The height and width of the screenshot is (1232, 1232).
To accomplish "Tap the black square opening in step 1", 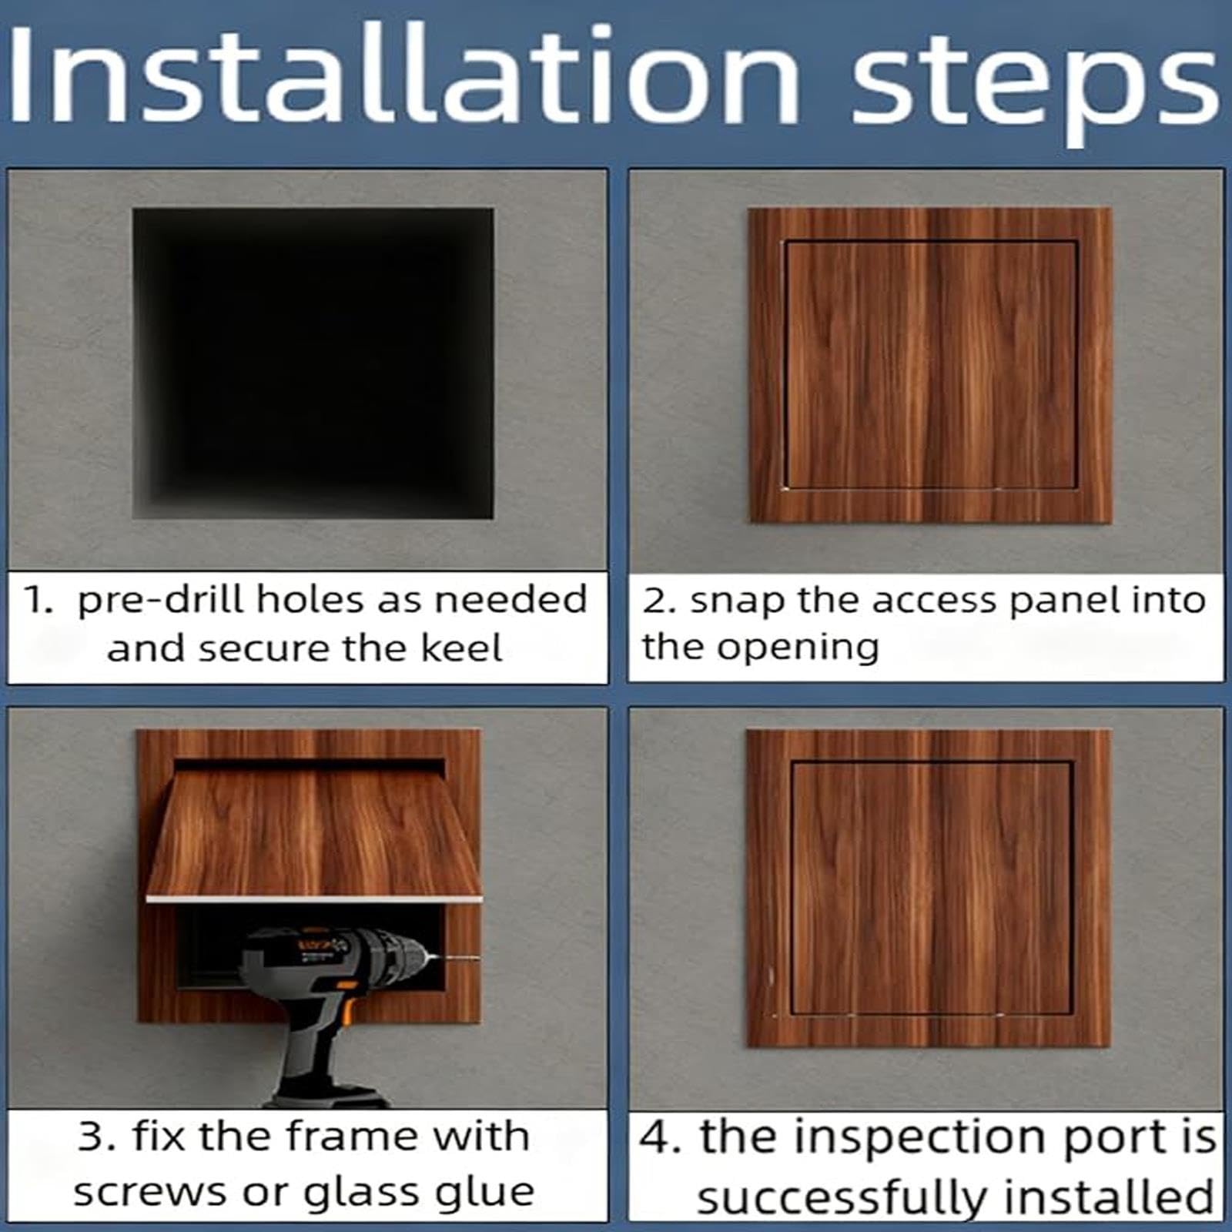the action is tap(313, 363).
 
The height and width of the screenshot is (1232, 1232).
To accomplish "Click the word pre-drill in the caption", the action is tap(161, 600).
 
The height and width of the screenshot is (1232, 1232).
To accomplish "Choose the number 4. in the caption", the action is tap(661, 1139).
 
